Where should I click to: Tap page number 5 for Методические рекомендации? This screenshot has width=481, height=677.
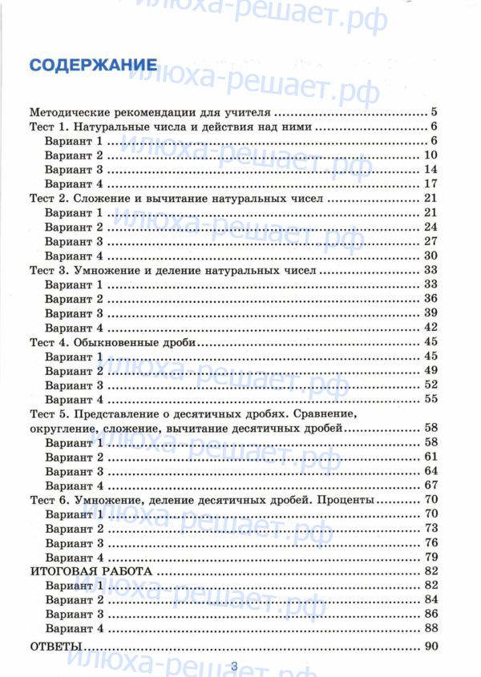coord(432,112)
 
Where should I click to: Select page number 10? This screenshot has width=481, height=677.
coord(430,155)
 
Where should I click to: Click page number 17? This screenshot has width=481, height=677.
coord(430,184)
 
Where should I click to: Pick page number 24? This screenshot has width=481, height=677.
coord(430,227)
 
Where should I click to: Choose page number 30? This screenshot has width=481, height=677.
coord(430,256)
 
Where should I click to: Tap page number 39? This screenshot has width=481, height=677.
coord(430,313)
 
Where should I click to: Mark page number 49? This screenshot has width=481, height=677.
coord(430,370)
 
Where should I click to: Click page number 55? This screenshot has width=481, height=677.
coord(430,399)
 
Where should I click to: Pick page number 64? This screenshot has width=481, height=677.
coord(430,471)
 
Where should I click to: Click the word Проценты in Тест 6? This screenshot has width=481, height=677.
coord(346,500)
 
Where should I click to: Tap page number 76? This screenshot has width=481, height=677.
coord(430,542)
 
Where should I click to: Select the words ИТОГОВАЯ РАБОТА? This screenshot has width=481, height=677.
coord(90,571)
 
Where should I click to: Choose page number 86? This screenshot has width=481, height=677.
coord(430,615)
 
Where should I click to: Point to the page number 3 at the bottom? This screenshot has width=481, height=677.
coord(234,667)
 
